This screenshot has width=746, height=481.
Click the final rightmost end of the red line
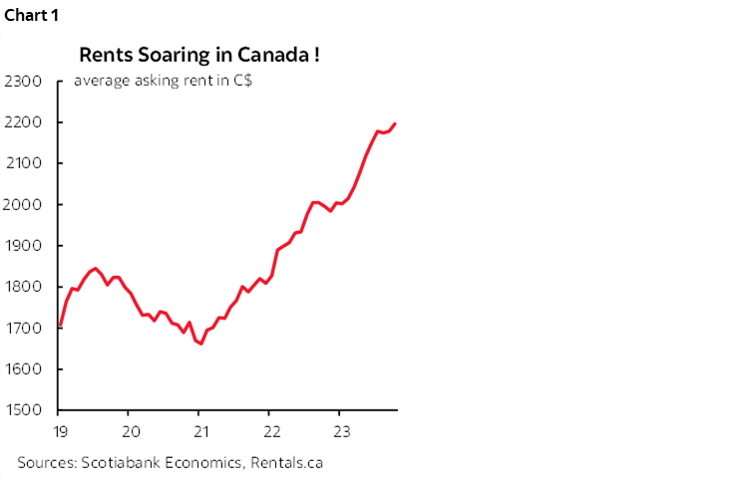click(x=395, y=123)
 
